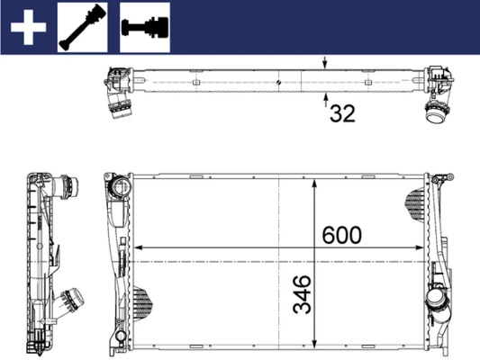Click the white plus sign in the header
click(28, 27)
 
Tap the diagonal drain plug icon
click(83, 27)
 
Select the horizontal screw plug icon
click(145, 27)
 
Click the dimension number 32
click(342, 113)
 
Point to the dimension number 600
click(342, 235)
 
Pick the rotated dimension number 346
click(302, 294)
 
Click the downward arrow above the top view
click(325, 62)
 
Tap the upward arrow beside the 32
click(326, 101)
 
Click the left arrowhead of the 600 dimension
click(139, 247)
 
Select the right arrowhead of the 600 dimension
click(420, 247)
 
